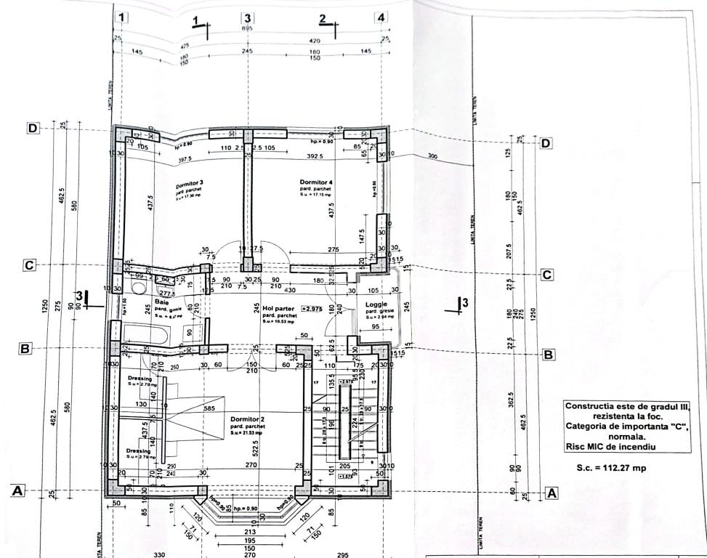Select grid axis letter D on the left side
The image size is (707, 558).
point(33,128)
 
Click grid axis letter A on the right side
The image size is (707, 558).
point(552,493)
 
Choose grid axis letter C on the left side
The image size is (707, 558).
point(29,265)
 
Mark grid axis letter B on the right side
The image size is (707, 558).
point(549,355)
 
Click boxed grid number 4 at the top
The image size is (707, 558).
point(380,17)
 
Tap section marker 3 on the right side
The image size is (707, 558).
point(464,302)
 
